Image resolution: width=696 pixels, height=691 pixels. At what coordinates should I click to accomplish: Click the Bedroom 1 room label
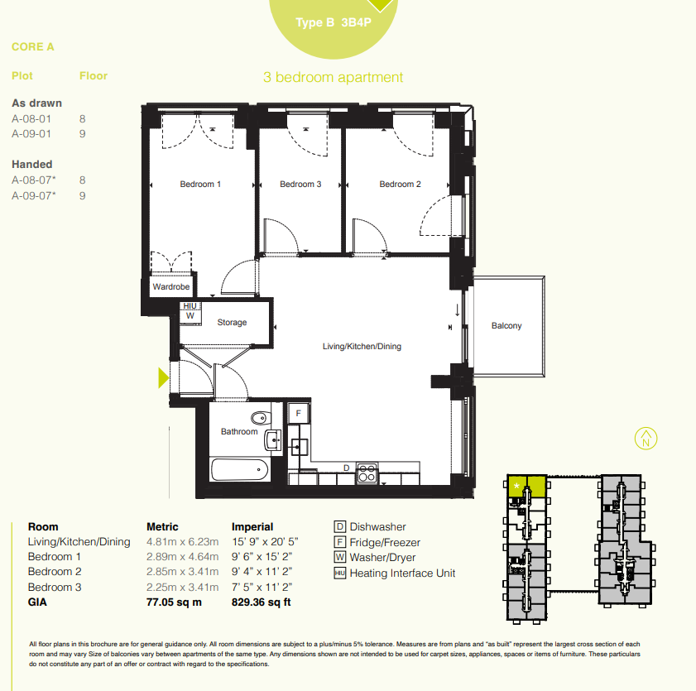point(200,185)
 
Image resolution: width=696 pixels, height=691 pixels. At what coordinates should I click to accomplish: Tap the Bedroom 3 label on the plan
point(300,185)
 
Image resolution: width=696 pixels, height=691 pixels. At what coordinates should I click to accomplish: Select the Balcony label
point(506,326)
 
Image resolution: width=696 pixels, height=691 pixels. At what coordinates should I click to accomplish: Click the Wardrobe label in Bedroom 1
point(171,286)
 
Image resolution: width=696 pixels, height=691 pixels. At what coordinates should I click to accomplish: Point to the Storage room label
point(232,322)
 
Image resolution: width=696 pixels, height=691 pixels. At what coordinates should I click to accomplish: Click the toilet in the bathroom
point(261,418)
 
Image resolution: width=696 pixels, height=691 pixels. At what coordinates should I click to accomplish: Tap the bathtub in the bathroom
point(240,470)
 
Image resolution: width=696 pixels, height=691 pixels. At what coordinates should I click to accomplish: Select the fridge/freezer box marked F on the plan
point(298,413)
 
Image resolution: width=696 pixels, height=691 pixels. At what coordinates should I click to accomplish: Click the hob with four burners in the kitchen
point(367,473)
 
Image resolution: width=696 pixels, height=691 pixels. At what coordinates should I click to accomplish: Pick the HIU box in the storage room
point(190,306)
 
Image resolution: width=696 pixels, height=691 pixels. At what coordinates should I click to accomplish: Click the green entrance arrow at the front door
point(163,378)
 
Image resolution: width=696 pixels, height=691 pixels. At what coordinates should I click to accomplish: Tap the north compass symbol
point(646,439)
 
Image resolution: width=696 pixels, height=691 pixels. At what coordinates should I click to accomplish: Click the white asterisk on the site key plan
point(516,487)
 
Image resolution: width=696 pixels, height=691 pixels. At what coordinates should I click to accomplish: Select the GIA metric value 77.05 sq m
point(174,602)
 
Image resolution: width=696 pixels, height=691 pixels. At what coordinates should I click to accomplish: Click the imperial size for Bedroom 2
point(262,572)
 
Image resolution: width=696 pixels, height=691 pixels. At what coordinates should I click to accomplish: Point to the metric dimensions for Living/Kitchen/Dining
point(182,542)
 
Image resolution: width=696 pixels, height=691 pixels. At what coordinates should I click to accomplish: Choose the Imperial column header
point(252,527)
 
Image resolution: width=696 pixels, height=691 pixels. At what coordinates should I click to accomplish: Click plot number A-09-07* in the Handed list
point(34,196)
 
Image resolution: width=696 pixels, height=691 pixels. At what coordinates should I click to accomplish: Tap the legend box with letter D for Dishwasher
point(339,527)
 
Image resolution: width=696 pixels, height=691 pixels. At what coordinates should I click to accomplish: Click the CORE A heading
point(33,47)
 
